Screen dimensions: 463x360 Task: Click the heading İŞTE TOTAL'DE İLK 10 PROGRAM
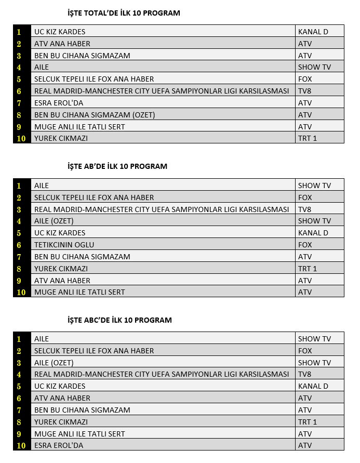(124, 13)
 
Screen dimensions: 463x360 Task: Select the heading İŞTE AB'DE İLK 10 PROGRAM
(117, 167)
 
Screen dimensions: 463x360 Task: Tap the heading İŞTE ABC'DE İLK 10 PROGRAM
(119, 320)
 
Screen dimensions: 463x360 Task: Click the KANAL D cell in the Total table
(313, 32)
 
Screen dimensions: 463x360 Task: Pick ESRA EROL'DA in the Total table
(59, 103)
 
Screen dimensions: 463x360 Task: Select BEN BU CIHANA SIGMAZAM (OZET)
(95, 115)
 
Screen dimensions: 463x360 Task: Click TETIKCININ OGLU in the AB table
(64, 245)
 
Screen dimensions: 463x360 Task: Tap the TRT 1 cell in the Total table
(308, 138)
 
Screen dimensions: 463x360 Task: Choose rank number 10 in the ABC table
(21, 445)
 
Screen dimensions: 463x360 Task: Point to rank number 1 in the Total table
(19, 32)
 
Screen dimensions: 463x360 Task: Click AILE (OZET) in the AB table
(54, 221)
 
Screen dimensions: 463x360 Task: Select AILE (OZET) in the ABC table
(54, 363)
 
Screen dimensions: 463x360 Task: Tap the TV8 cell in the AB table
(305, 209)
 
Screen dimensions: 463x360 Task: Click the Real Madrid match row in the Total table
(162, 91)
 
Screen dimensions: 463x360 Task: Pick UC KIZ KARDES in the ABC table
(60, 386)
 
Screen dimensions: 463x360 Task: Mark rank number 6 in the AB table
(19, 245)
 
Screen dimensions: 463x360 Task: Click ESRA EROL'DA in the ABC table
(59, 445)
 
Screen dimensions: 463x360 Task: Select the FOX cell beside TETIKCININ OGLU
(305, 245)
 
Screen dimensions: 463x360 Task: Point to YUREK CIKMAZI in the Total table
(61, 138)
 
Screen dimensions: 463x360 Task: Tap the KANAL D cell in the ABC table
(313, 386)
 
